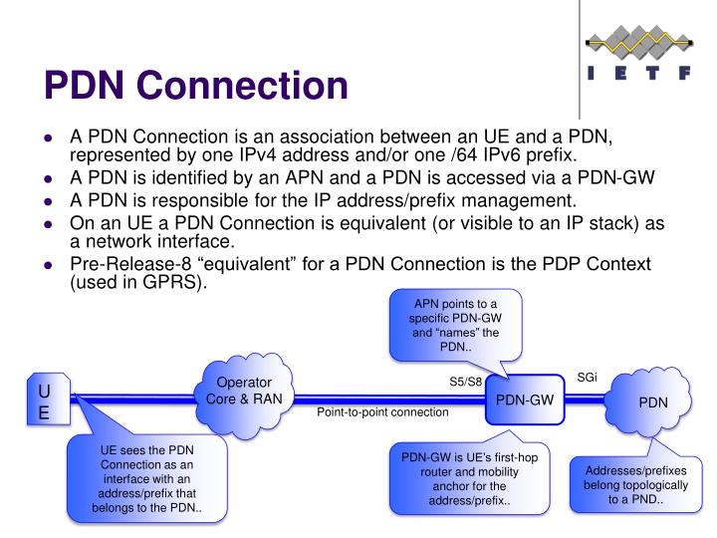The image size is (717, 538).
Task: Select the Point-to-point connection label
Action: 382,412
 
